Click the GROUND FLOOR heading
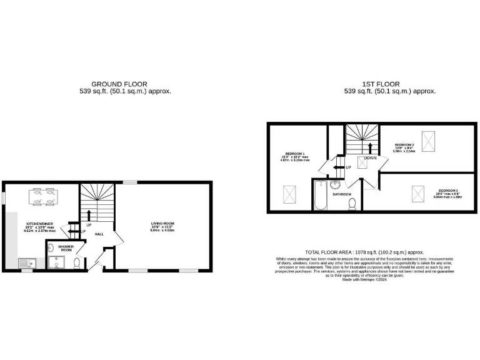(x=119, y=84)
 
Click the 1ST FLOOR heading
(x=381, y=84)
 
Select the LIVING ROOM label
(x=162, y=223)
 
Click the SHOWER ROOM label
(x=66, y=248)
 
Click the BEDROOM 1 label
(x=295, y=154)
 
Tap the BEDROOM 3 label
(x=448, y=190)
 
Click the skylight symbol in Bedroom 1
(x=290, y=194)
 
